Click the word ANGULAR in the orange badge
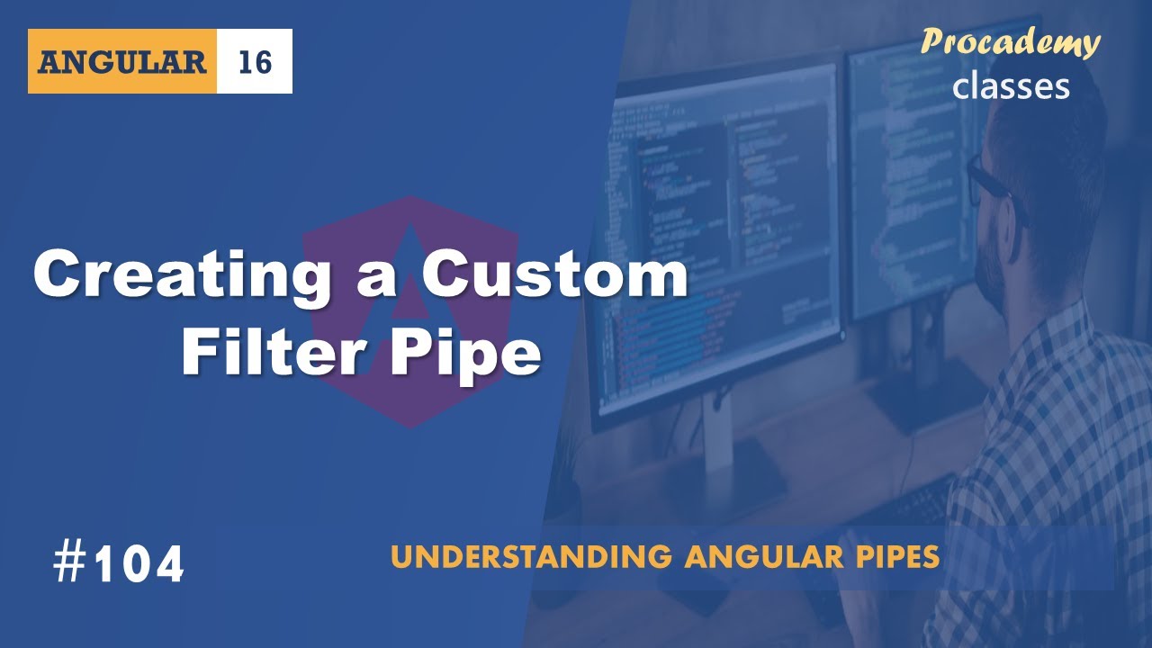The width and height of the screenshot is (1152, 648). pyautogui.click(x=122, y=62)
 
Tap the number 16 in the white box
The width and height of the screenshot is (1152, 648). pyautogui.click(x=255, y=62)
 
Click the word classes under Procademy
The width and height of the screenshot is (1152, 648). pyautogui.click(x=1011, y=85)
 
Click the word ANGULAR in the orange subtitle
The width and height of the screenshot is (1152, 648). pyautogui.click(x=745, y=557)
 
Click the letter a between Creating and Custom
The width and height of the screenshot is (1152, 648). pyautogui.click(x=372, y=277)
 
